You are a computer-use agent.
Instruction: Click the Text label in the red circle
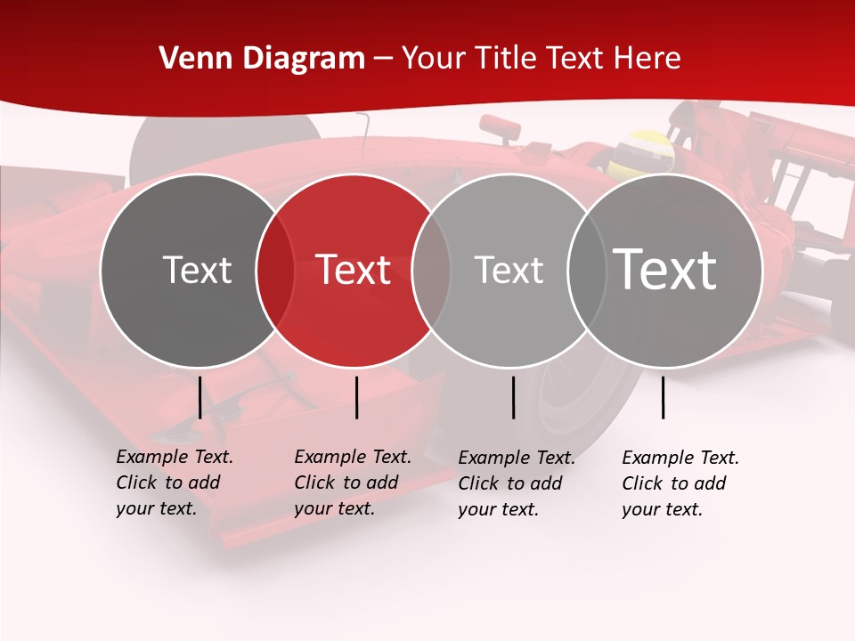point(354,270)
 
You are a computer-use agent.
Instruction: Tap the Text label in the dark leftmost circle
point(197,270)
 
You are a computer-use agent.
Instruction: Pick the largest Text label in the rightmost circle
point(665,270)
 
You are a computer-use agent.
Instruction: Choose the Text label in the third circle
point(509,270)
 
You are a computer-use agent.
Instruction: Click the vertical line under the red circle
point(356,397)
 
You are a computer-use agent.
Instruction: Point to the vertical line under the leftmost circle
point(199,397)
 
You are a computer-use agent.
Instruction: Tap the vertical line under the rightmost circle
point(664,397)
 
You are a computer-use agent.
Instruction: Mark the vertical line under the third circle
point(514,397)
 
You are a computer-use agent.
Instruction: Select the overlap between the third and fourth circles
point(584,270)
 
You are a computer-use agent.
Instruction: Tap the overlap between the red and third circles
point(431,270)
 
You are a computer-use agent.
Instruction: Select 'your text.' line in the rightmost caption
point(663,509)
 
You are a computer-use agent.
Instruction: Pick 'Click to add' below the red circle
point(346,483)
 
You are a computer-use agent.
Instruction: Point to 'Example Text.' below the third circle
point(517,458)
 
